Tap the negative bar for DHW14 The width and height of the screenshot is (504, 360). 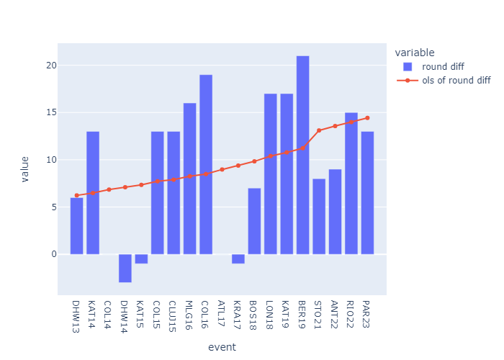tap(125, 268)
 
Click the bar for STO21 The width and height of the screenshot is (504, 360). tap(319, 216)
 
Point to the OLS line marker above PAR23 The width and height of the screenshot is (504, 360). tap(367, 117)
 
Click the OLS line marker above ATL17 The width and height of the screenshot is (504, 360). tap(222, 169)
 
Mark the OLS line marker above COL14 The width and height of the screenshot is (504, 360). tap(109, 189)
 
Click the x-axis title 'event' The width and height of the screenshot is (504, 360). tap(222, 347)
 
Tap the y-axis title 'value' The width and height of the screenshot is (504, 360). tap(26, 169)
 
